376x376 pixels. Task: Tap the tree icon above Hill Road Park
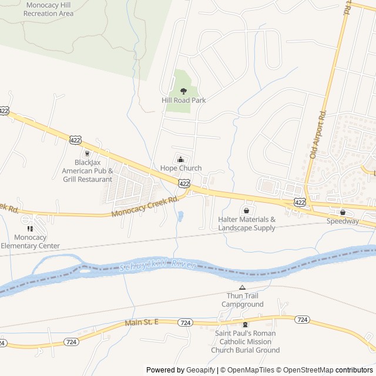[x=183, y=91]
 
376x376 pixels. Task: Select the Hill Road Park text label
[x=183, y=100]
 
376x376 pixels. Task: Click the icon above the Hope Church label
[x=180, y=159]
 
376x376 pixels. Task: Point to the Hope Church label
[x=181, y=168]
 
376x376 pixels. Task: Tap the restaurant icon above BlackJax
[x=88, y=153]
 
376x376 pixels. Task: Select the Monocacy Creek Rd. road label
[x=145, y=207]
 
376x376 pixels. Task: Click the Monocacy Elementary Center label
[x=30, y=241]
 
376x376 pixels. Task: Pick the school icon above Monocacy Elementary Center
[x=30, y=229]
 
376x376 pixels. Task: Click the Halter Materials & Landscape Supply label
[x=246, y=223]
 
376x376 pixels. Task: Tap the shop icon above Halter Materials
[x=246, y=210]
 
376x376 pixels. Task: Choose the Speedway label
[x=343, y=221]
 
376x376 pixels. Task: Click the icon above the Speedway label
[x=343, y=212]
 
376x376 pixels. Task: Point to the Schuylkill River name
[x=157, y=266]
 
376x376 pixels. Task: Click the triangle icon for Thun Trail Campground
[x=242, y=287]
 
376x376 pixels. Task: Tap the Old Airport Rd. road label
[x=317, y=135]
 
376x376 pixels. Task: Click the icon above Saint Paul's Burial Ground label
[x=246, y=325]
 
